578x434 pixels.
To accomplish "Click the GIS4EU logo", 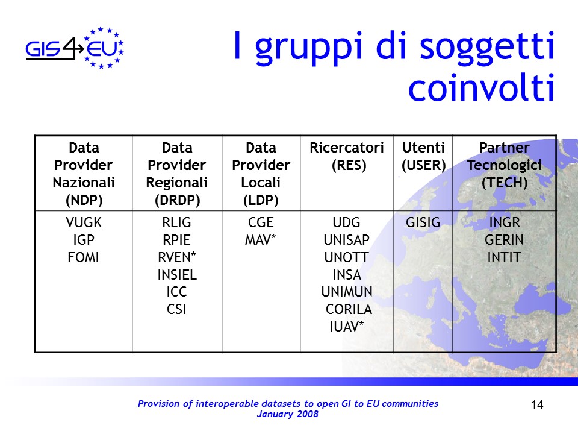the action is pos(75,48).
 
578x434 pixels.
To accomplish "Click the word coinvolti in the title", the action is pos(482,88).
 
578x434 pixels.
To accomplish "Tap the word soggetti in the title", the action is pos(487,48).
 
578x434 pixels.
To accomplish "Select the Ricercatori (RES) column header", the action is pos(347,156).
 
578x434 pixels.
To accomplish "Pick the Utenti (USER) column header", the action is pos(423,156).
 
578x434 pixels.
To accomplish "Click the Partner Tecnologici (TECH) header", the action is pos(505,165).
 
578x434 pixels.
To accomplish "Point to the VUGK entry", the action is pos(84,222).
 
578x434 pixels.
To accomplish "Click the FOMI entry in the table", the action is pos(83,257).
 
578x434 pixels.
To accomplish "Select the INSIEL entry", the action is pos(177,275).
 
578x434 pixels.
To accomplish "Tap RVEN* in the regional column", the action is pos(177,257).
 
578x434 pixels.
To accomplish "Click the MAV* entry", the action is pos(261,240).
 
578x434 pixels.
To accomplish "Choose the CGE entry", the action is pos(261,222).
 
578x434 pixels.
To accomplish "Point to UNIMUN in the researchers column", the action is pos(347,292).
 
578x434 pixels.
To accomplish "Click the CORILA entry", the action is pos(349,309).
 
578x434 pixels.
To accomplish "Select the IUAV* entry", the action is pos(347,327).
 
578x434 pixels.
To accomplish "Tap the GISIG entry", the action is pos(423,222).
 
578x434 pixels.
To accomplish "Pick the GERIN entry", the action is pos(505,240).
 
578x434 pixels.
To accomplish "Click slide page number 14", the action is pos(537,405).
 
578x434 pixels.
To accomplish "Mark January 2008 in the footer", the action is pos(288,414).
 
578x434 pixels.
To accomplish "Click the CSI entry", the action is pos(176,309).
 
